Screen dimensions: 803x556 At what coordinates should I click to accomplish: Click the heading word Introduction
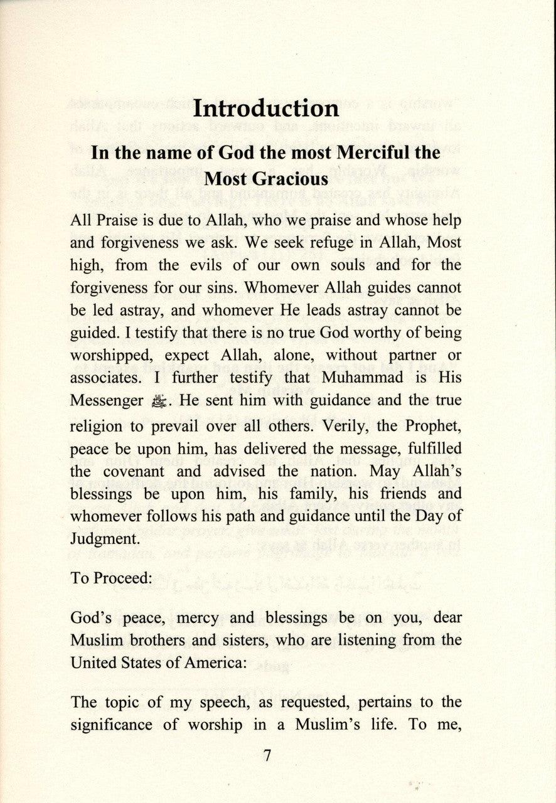(x=265, y=109)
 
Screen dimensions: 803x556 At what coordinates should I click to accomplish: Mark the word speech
(x=197, y=702)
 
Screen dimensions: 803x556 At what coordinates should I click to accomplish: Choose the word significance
(x=110, y=725)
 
